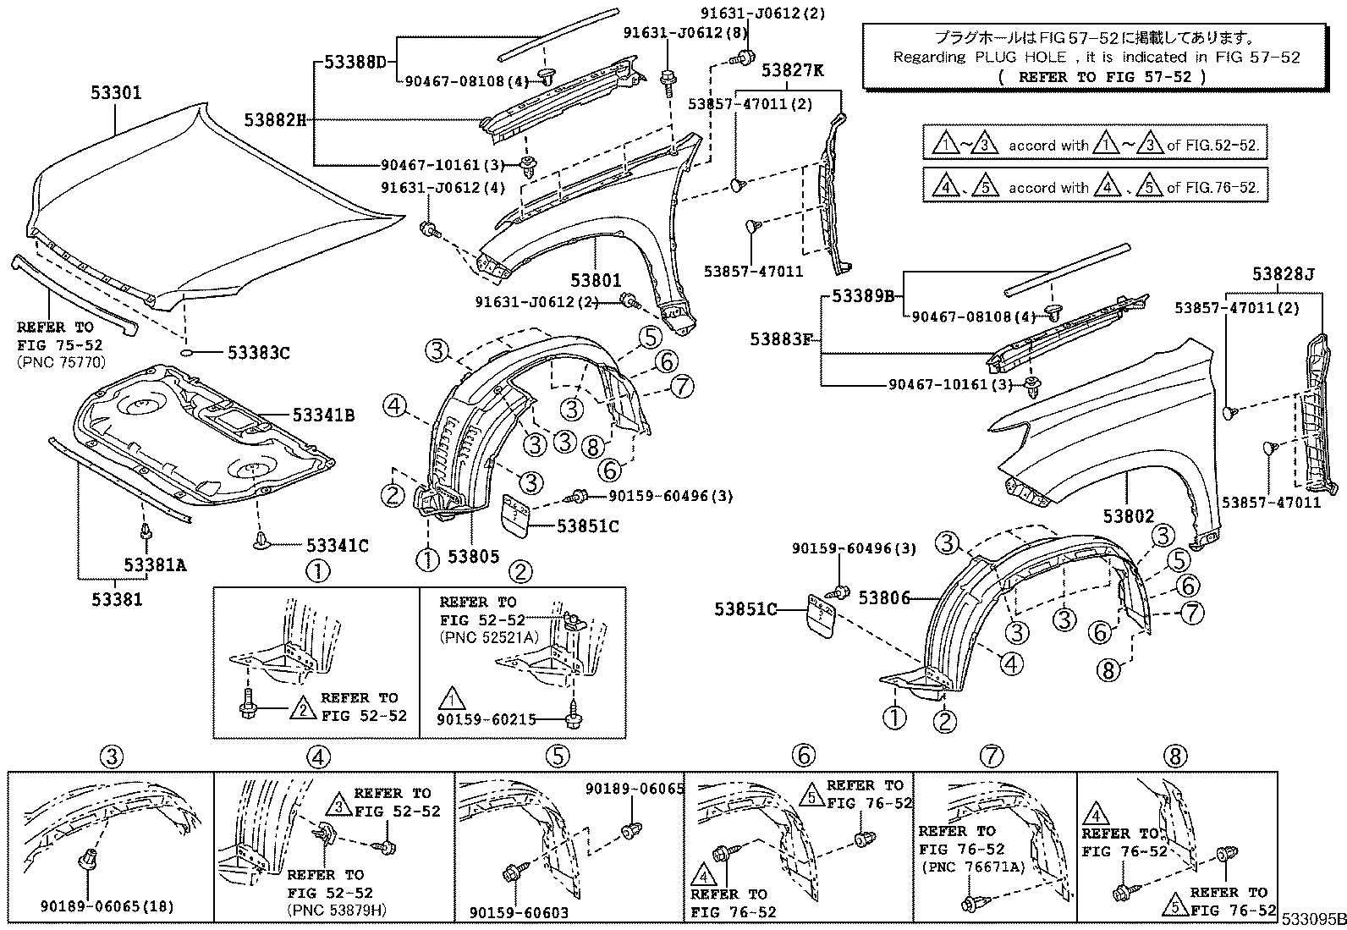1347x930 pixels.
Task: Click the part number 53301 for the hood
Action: pyautogui.click(x=116, y=93)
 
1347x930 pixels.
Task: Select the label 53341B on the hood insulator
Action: pyautogui.click(x=323, y=415)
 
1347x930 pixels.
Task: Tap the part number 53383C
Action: pyautogui.click(x=258, y=353)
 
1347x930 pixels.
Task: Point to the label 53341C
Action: pyautogui.click(x=337, y=547)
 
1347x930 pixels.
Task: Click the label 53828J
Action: pyautogui.click(x=1284, y=274)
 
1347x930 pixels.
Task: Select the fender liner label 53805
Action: pyautogui.click(x=473, y=557)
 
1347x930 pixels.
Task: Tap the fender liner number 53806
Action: pyautogui.click(x=883, y=598)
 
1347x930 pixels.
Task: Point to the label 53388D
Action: pyautogui.click(x=355, y=63)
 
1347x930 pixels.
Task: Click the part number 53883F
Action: pyautogui.click(x=780, y=339)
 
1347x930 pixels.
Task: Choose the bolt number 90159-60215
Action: pyautogui.click(x=487, y=720)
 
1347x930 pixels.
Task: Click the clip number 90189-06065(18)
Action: pyautogui.click(x=107, y=907)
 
